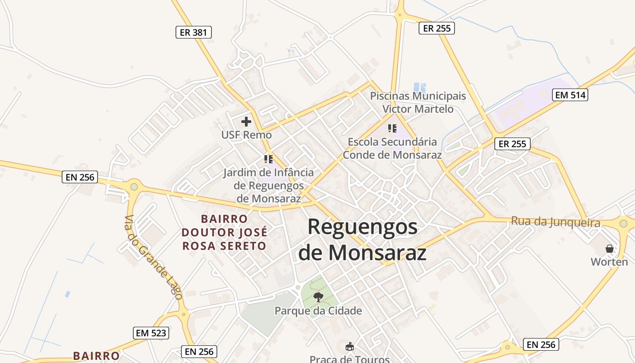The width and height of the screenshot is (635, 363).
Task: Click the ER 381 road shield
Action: pos(194,32)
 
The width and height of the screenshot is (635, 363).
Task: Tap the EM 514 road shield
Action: pos(570,95)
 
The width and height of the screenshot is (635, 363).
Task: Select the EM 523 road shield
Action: pos(151,333)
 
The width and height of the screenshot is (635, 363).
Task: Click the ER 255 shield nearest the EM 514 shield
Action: pos(512,144)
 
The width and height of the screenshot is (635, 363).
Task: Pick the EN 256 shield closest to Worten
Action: pos(542,345)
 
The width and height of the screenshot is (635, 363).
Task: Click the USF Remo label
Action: pos(246,135)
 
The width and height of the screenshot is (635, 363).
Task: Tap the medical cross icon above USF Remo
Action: pos(246,122)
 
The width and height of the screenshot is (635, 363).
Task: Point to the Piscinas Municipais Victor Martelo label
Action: pos(418,103)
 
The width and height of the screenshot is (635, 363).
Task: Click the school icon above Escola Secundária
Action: pos(392,128)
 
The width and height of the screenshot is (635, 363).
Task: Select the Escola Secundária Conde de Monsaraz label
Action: pos(392,148)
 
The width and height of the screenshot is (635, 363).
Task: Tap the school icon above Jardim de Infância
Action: pos(269,159)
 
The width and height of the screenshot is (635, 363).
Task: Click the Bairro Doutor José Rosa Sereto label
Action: pos(225,232)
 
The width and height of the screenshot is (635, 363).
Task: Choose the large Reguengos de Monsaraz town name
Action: pos(362,240)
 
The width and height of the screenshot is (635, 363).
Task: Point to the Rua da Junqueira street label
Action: pos(556,222)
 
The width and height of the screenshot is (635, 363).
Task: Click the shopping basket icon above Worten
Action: pos(610,249)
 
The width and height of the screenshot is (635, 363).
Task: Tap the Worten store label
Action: pos(609,262)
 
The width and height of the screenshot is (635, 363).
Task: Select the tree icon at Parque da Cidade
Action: pos(318,298)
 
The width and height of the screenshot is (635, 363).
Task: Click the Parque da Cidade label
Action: pos(318,311)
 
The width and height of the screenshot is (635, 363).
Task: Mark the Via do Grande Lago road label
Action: pos(153,257)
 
